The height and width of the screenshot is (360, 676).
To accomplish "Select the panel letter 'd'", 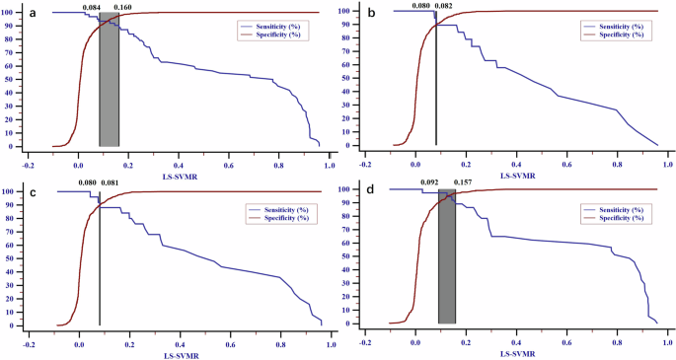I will click(x=370, y=185).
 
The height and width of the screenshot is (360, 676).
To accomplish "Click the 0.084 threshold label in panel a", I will click(x=92, y=7).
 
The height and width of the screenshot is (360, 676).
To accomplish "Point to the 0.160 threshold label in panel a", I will click(x=124, y=7).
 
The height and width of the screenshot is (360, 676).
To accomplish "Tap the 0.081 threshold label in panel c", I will click(x=114, y=182).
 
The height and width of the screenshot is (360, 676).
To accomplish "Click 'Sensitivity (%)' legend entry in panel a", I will click(x=278, y=23).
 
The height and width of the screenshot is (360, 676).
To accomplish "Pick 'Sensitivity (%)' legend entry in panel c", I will click(x=278, y=209).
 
